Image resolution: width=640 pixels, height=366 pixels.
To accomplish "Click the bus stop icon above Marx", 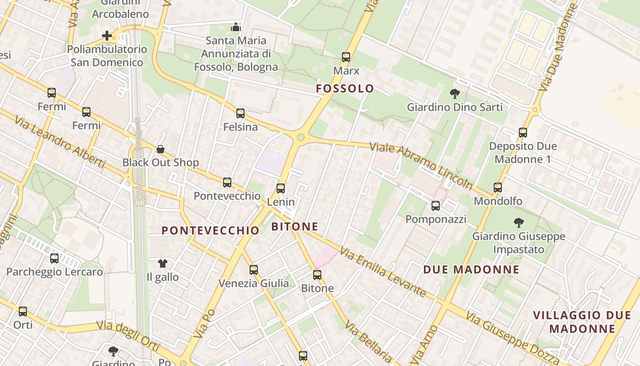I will [346, 57].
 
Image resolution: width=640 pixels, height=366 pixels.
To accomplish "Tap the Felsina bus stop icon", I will [240, 113].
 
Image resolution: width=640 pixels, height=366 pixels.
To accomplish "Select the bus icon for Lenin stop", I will [281, 188].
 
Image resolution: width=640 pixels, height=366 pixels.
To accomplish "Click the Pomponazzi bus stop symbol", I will [436, 206].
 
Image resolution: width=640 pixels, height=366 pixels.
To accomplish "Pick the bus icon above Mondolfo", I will [498, 187].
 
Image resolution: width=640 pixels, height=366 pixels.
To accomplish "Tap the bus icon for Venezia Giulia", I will [254, 270].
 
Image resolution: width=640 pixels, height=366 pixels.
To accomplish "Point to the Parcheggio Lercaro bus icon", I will [54, 258].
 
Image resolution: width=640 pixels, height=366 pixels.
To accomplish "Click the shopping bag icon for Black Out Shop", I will [160, 149].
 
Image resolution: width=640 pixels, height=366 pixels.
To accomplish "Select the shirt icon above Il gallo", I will [163, 263].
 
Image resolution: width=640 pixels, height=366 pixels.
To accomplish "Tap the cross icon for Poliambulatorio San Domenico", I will [107, 36].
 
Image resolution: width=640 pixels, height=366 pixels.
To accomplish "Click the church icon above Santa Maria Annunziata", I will [236, 27].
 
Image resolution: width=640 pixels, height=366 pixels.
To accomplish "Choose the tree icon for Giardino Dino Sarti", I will [454, 94].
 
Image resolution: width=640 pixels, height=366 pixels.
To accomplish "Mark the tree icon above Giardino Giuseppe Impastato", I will [518, 223].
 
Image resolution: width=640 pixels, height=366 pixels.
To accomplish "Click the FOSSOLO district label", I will [345, 89].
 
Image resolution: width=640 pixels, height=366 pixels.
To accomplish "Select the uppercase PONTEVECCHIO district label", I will [211, 231].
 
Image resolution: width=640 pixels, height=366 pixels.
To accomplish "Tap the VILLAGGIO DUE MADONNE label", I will [582, 322].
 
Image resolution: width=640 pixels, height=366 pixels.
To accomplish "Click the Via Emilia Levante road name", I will [383, 271].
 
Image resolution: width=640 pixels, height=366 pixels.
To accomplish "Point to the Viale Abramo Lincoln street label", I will [421, 166].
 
